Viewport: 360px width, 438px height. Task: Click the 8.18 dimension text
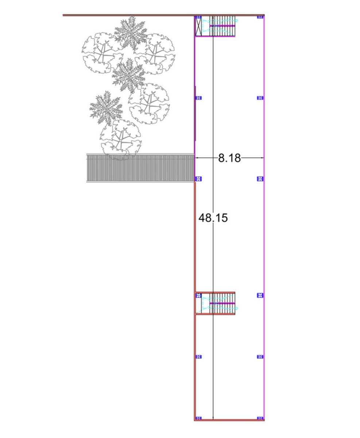(x=229, y=158)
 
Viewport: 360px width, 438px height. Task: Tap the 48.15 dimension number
(x=213, y=218)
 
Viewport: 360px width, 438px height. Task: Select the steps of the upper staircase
(x=222, y=26)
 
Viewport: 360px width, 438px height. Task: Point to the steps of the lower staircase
(x=222, y=303)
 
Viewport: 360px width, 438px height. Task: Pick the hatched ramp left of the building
(x=140, y=168)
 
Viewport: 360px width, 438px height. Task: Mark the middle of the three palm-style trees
(x=129, y=76)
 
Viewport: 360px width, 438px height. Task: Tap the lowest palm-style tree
(x=106, y=108)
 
